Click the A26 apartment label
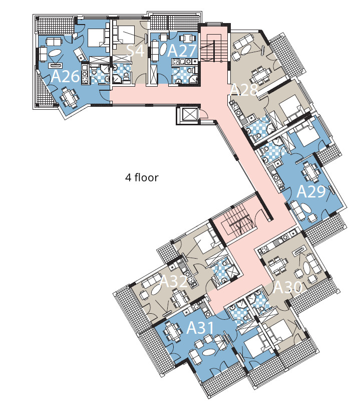click(65, 76)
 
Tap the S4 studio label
click(135, 50)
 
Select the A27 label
click(182, 50)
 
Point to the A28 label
click(244, 90)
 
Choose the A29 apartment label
click(311, 191)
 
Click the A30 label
click(287, 287)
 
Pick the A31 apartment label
click(200, 327)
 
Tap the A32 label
click(173, 281)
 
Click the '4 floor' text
click(142, 177)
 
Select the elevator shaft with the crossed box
click(188, 114)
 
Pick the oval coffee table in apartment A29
click(305, 209)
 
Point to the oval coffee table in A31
click(208, 352)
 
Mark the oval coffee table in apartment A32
click(157, 290)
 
